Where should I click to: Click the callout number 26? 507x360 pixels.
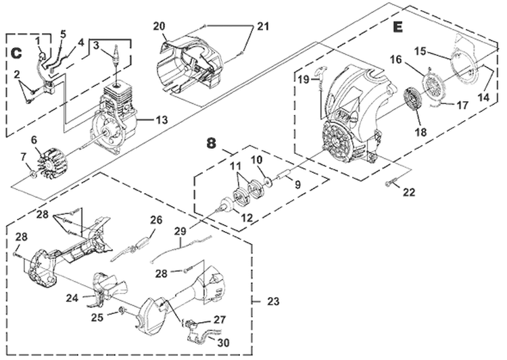tap(156, 220)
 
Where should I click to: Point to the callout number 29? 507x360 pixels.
tap(180, 232)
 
